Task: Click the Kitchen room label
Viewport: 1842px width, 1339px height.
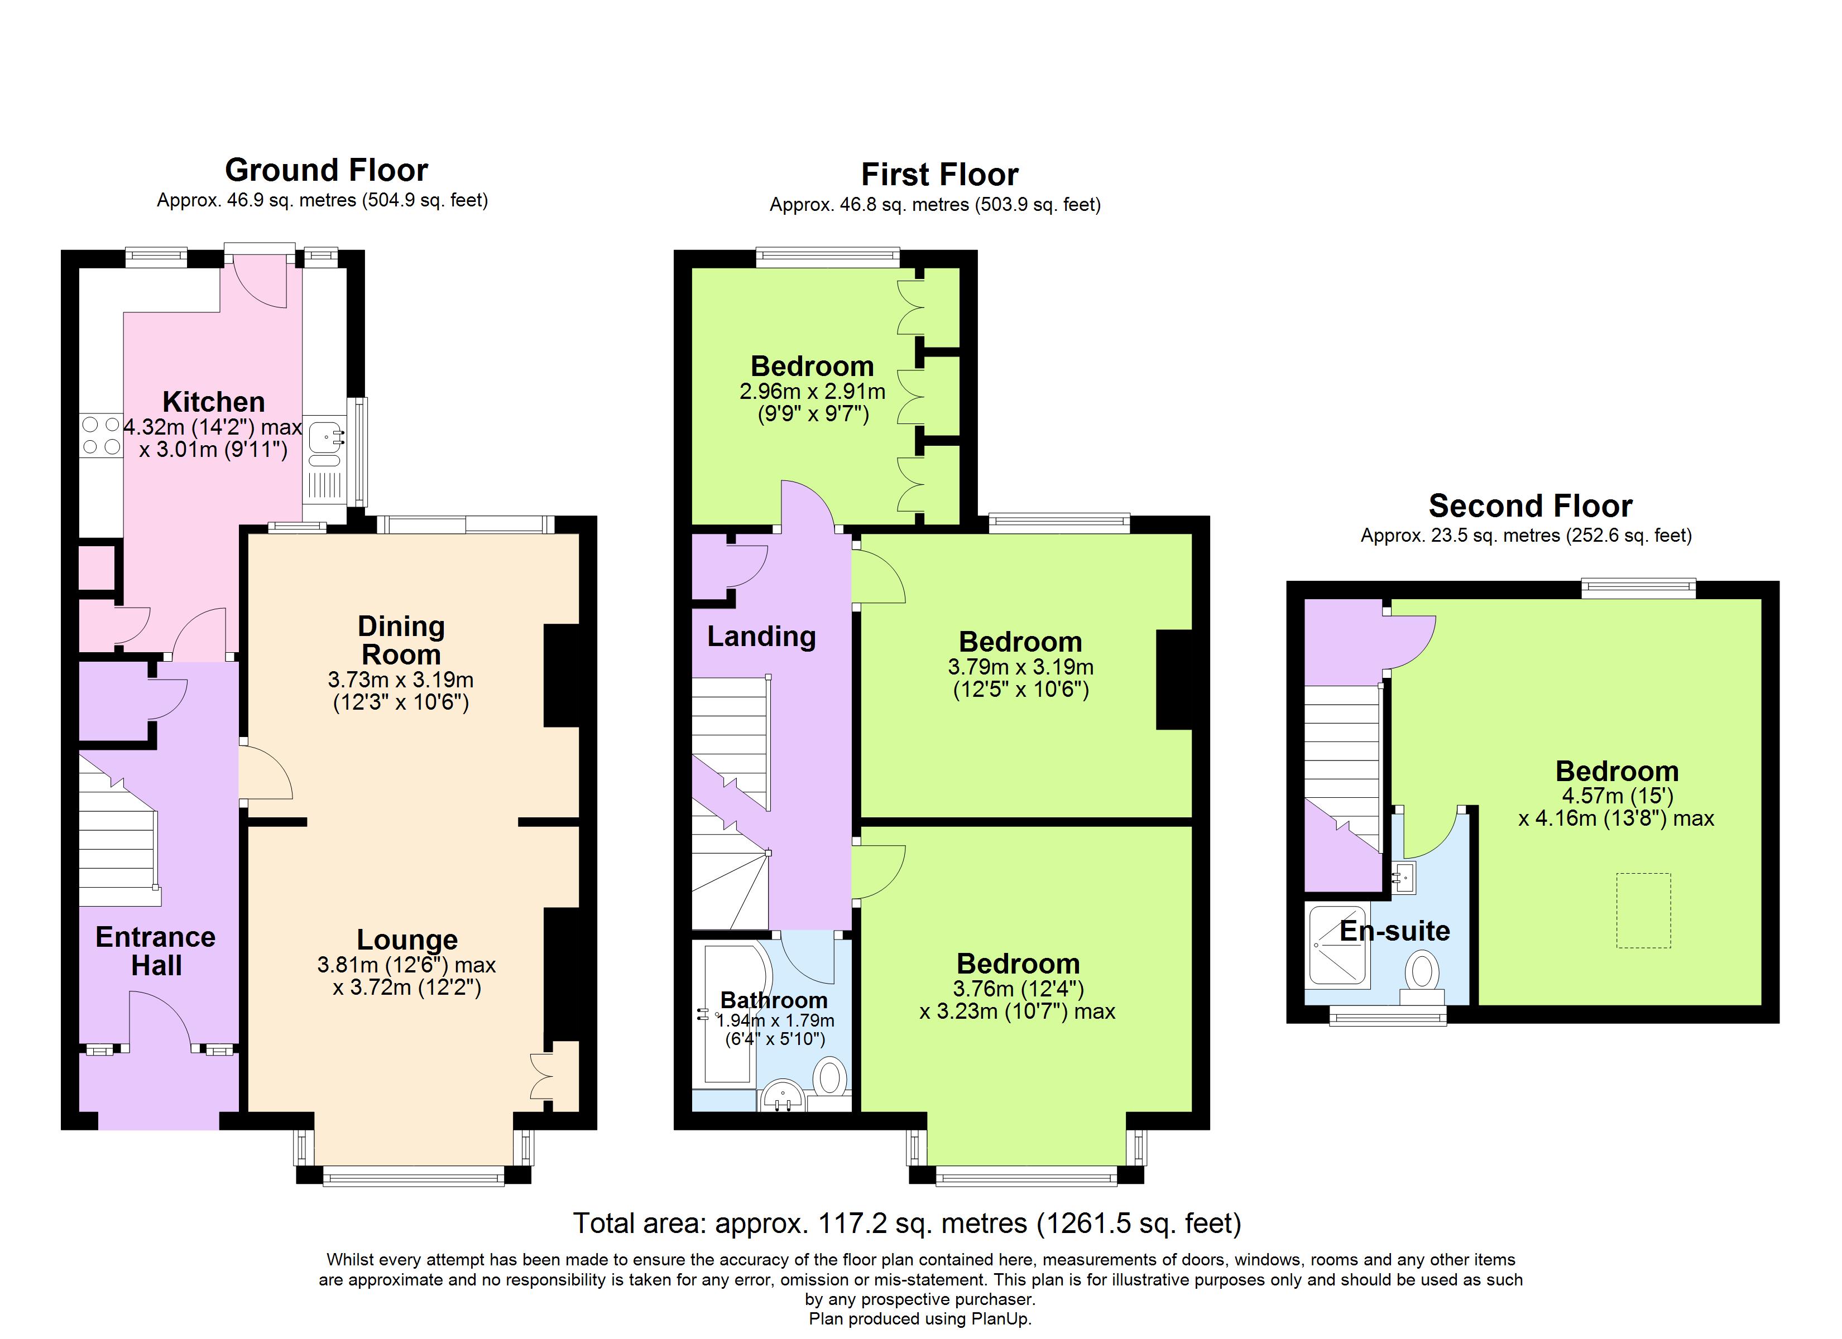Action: pos(214,402)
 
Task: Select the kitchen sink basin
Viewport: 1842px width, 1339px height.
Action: pos(327,439)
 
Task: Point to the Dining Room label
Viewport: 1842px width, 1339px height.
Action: pos(401,640)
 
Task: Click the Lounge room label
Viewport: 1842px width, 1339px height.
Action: pos(407,940)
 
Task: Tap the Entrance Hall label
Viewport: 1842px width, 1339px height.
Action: pos(156,951)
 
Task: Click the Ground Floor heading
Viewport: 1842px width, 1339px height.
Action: pos(327,170)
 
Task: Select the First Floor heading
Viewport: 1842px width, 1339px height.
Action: pos(939,175)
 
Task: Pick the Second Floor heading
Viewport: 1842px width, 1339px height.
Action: pos(1530,506)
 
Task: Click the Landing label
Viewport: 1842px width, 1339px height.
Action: pos(761,637)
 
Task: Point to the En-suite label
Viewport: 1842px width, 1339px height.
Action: pos(1394,931)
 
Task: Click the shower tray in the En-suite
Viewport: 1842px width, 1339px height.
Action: pos(1337,945)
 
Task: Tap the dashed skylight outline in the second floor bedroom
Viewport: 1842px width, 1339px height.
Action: pos(1643,911)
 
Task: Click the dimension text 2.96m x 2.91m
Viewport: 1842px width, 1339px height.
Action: pos(812,392)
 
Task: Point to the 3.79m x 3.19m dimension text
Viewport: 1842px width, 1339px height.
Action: pos(1020,667)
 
